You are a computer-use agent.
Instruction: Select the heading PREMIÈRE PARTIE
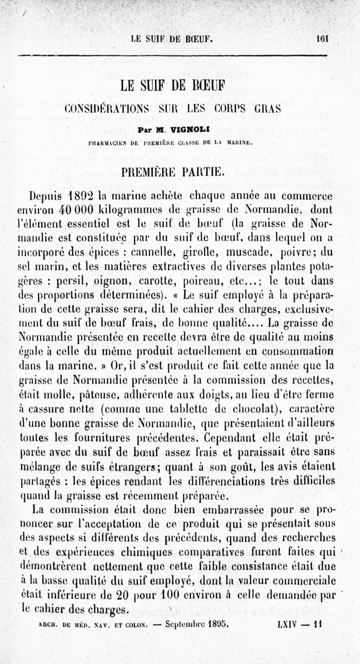point(179,171)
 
